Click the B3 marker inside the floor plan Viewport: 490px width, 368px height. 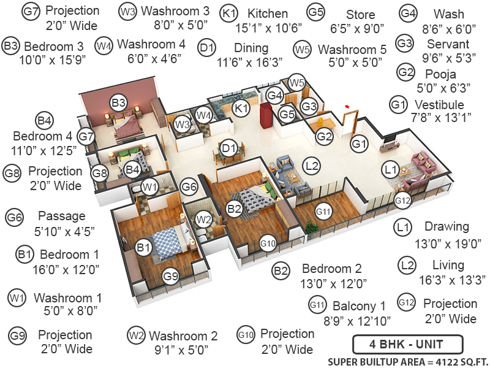click(118, 102)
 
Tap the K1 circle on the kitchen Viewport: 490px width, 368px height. click(241, 109)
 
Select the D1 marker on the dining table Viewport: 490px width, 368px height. click(229, 148)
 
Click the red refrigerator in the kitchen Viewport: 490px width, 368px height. click(265, 115)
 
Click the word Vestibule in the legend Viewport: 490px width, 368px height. click(439, 104)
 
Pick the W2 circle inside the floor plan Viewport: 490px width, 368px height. click(203, 219)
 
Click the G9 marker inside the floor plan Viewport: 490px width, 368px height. click(170, 277)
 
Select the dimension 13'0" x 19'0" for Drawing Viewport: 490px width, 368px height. click(439, 243)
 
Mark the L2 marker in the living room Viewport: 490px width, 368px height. click(312, 165)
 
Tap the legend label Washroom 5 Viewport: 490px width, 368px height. click(352, 48)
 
